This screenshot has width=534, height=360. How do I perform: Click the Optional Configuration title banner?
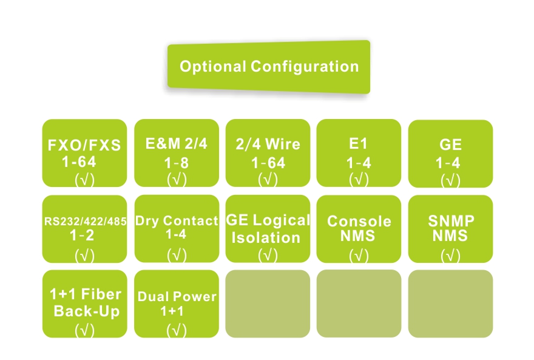tap(269, 66)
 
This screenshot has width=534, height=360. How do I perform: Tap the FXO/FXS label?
tap(85, 146)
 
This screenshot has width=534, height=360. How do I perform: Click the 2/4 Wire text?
tap(268, 144)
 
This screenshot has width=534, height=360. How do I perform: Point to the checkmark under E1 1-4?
tap(359, 179)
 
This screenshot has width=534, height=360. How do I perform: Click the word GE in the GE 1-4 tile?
tap(451, 145)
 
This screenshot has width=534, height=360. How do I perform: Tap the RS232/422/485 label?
tap(85, 221)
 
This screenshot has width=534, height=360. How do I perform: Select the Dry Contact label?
tap(177, 221)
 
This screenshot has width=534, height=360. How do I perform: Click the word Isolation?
tap(266, 237)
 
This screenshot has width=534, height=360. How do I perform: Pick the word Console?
tap(359, 221)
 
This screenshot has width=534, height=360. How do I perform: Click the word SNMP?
tap(451, 220)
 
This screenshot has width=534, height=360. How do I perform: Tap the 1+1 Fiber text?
tap(85, 295)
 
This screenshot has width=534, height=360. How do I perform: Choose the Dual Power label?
tap(177, 297)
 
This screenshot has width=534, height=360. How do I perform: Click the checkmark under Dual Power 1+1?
tap(177, 330)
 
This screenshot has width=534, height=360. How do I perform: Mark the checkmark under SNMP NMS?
tap(451, 256)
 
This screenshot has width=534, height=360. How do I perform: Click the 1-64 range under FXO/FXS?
tap(79, 162)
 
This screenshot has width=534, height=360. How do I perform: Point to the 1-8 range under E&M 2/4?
tap(177, 163)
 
